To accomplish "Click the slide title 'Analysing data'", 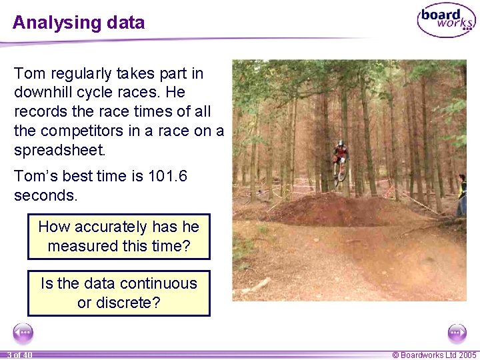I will pos(78,23).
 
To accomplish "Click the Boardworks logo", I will pos(446,21).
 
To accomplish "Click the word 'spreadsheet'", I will pos(59,151).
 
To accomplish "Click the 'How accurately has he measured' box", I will pos(119,237).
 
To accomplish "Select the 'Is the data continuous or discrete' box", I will pos(119,293).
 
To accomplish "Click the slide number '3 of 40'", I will pos(19,355).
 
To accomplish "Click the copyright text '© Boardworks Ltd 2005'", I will pos(434,355).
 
